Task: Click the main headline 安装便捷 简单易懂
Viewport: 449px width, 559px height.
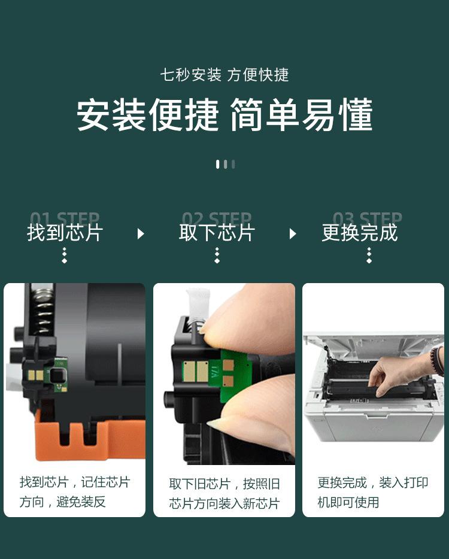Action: tap(224, 115)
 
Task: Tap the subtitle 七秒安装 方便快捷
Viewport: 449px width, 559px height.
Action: tap(224, 75)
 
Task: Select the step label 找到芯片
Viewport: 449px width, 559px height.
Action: tap(65, 233)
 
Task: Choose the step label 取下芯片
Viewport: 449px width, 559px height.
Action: tap(217, 233)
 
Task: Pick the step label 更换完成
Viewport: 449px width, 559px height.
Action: tap(359, 233)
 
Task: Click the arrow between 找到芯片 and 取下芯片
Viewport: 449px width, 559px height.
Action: tap(141, 233)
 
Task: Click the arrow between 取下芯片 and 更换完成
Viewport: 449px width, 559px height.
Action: tap(293, 233)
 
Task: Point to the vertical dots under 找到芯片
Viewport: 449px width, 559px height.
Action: tap(65, 256)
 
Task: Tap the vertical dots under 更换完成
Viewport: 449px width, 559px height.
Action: tap(369, 256)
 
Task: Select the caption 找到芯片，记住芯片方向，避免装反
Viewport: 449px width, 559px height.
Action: tap(74, 491)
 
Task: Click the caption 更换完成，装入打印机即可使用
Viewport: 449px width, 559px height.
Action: tap(372, 491)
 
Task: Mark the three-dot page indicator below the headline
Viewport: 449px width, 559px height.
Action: tap(225, 164)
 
